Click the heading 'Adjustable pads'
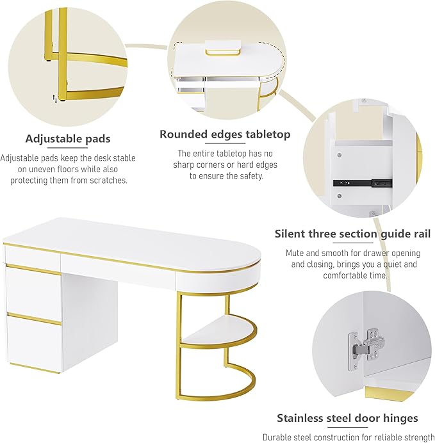pos(68,139)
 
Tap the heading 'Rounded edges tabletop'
pos(225,134)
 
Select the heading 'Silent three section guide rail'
pos(353,234)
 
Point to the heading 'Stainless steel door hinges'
pos(347,418)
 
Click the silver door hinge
pos(366,350)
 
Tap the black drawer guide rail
pos(363,183)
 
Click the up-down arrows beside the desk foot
pos(54,99)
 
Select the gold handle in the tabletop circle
pos(223,52)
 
